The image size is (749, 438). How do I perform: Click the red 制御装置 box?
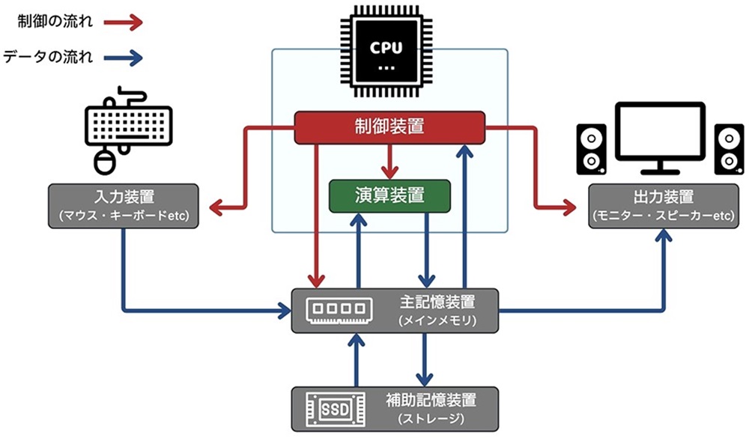point(389,127)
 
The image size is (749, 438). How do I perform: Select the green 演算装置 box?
point(389,196)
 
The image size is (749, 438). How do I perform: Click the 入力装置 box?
point(124,205)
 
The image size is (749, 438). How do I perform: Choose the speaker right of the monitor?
point(728,147)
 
